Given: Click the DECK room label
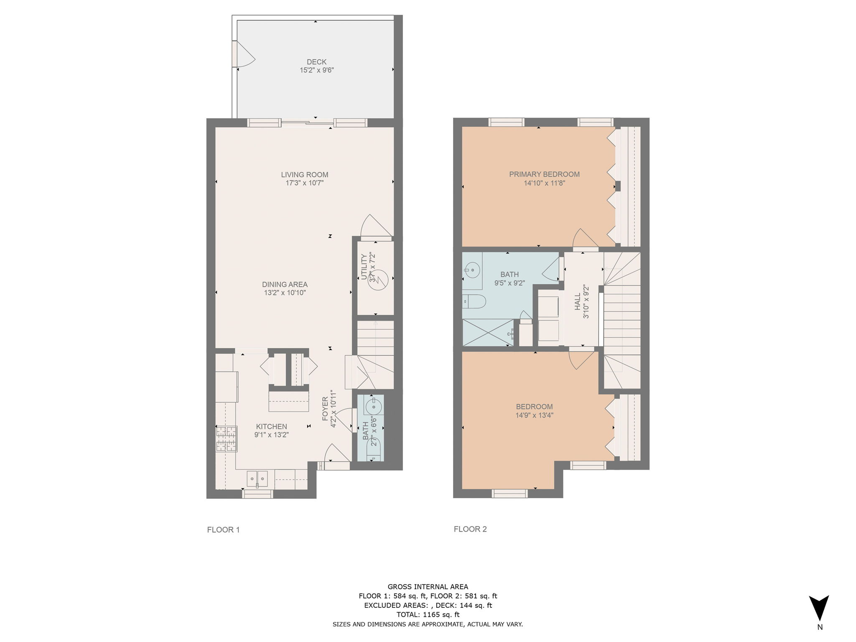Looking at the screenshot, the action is [316, 62].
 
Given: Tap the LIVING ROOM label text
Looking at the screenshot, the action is [304, 175].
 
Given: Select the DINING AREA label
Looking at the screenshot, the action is [285, 285].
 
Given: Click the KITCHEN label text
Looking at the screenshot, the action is [271, 426].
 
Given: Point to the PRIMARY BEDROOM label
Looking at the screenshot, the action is [544, 174].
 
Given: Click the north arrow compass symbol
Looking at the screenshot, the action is [819, 608].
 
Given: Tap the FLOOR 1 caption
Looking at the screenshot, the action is [223, 530].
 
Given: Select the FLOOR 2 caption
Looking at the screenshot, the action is [470, 529].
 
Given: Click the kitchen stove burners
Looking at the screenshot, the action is [226, 438].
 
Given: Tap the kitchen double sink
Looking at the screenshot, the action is [257, 478].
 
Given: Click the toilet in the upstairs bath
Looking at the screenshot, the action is [474, 301].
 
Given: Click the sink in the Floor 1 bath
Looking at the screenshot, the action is [373, 405].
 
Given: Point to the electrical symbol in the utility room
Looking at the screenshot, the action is [379, 279].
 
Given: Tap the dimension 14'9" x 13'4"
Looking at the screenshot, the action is [534, 415].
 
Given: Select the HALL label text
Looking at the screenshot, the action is [577, 301].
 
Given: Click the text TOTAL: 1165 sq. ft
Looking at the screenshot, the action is [428, 614].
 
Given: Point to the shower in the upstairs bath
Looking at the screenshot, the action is [487, 333].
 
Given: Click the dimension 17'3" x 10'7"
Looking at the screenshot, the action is [304, 183].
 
